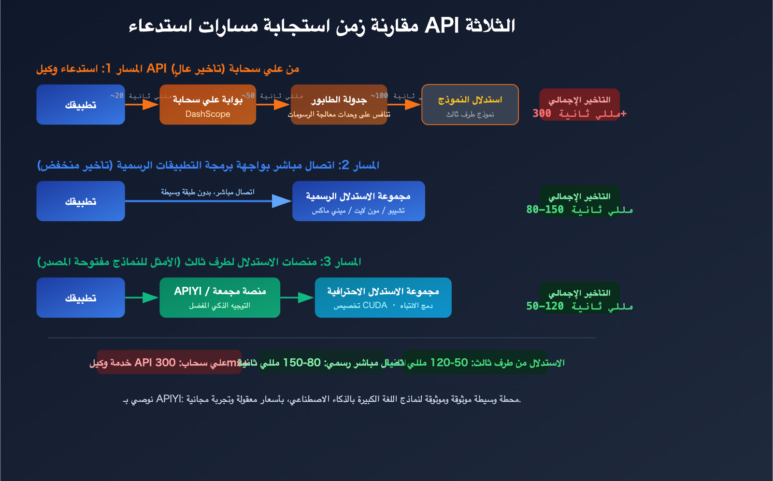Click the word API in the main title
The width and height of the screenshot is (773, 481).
click(x=441, y=26)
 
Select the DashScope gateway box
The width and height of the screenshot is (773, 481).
click(x=208, y=105)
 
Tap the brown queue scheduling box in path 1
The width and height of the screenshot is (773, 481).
click(x=339, y=105)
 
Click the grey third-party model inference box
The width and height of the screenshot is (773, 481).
click(x=470, y=105)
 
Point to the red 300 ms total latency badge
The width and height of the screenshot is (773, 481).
click(x=579, y=105)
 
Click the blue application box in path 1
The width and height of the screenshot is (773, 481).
click(x=81, y=105)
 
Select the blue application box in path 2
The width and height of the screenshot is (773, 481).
click(x=81, y=201)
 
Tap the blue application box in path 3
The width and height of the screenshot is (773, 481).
click(x=81, y=298)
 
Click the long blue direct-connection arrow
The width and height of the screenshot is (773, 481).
click(x=208, y=201)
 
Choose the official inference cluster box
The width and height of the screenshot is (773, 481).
click(x=358, y=201)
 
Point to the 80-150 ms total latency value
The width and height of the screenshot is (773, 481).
click(x=579, y=210)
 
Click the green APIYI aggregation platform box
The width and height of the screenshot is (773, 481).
click(x=220, y=298)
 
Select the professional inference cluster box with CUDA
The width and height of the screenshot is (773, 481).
click(x=383, y=298)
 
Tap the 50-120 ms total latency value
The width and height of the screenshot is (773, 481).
click(x=579, y=306)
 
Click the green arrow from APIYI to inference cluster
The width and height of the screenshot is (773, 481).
click(x=297, y=297)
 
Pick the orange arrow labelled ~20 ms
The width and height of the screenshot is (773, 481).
click(x=142, y=104)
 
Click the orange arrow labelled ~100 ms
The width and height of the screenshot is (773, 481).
click(x=404, y=104)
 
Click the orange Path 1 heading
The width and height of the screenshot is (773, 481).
click(x=168, y=69)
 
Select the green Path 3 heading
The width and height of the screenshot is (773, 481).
click(x=199, y=262)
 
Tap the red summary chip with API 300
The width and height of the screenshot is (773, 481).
click(x=169, y=362)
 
